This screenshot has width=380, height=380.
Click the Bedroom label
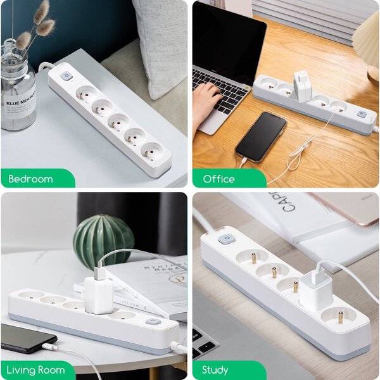[x=30, y=179]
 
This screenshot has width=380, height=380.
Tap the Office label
[x=219, y=179]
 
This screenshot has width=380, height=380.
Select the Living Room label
[x=37, y=370]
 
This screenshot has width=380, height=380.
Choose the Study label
[x=215, y=370]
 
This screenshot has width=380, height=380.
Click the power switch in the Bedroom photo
[x=65, y=76]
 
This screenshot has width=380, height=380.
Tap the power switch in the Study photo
[x=225, y=239]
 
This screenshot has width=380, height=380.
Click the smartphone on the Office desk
[x=261, y=136]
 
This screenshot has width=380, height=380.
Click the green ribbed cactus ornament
[x=103, y=240]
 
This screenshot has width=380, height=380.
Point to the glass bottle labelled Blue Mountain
[x=18, y=92]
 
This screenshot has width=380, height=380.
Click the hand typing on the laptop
[x=206, y=101]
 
